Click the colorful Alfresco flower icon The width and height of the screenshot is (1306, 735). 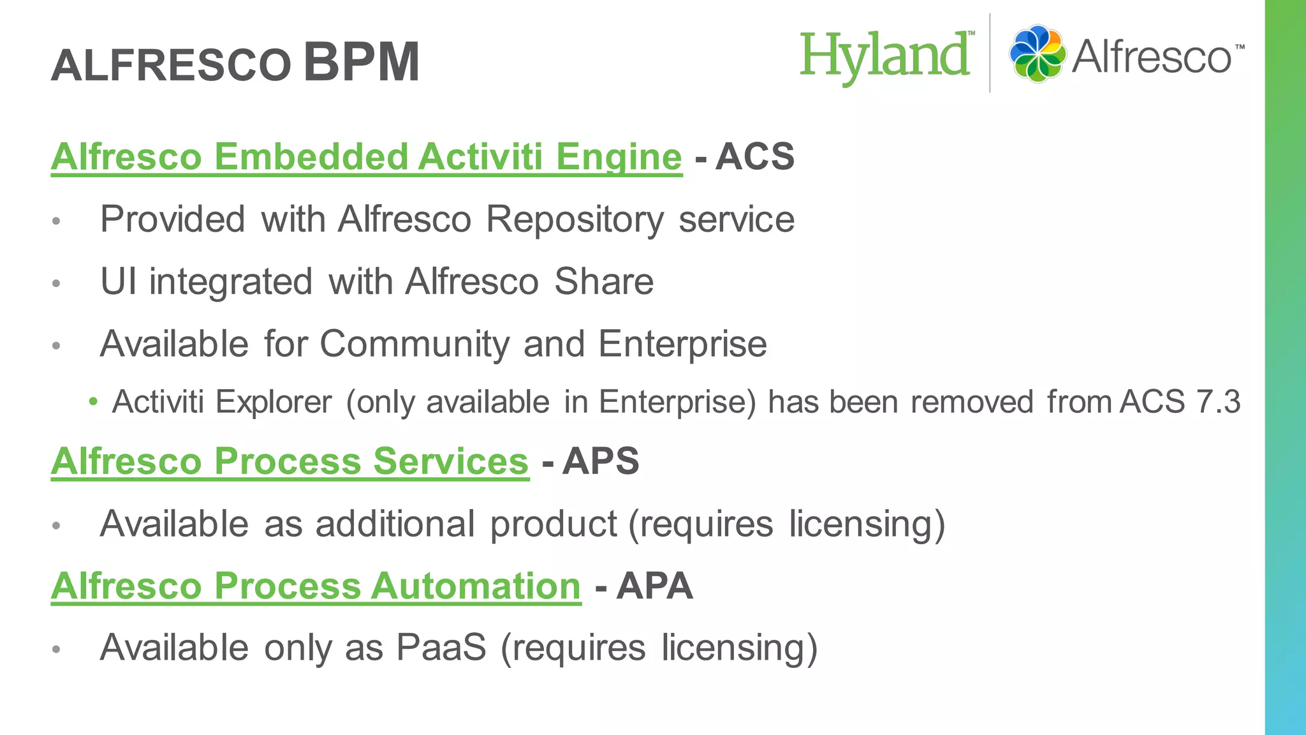[1038, 54]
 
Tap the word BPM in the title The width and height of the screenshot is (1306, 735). [362, 62]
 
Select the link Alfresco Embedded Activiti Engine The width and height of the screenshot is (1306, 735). [367, 156]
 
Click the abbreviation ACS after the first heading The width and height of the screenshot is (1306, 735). [755, 156]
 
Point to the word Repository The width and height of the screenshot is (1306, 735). [575, 219]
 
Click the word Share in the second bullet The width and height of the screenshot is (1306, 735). [603, 281]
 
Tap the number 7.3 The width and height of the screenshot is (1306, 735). [1218, 402]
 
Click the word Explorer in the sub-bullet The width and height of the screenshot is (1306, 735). [274, 402]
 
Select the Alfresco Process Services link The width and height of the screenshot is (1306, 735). [290, 461]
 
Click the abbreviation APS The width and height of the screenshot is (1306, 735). [600, 461]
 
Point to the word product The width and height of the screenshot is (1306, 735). [554, 524]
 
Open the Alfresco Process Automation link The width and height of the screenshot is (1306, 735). [316, 586]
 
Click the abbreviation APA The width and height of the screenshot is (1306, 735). [654, 586]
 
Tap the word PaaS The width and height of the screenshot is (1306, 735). [441, 648]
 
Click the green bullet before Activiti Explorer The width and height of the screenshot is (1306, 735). [94, 402]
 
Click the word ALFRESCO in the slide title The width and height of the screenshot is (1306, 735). [171, 66]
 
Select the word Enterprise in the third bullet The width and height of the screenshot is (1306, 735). [682, 344]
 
